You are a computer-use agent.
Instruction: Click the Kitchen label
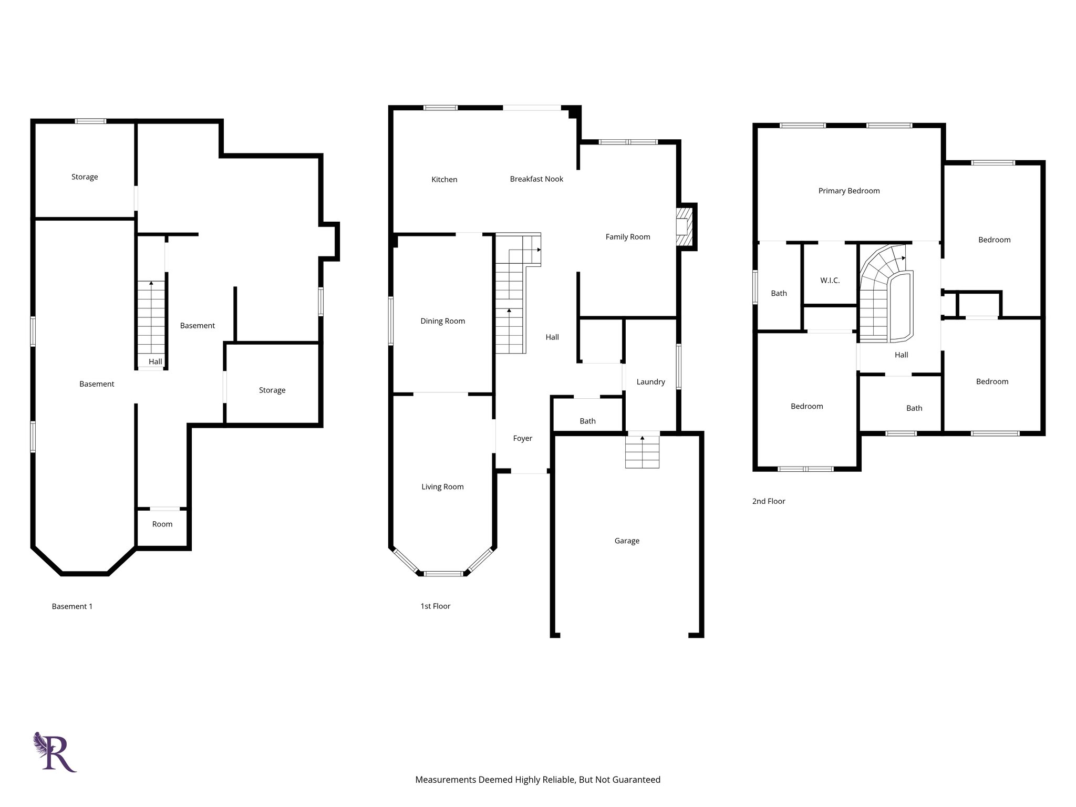click(444, 180)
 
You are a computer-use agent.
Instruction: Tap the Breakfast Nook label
click(536, 179)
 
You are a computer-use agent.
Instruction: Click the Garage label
click(626, 541)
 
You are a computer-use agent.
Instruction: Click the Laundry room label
click(650, 382)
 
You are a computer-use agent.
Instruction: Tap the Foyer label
click(522, 438)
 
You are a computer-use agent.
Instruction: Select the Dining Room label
click(442, 321)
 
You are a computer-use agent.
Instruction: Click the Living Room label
click(442, 487)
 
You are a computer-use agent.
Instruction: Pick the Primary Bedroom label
click(849, 191)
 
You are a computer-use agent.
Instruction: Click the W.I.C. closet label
click(830, 281)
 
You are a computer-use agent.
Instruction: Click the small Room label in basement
click(162, 524)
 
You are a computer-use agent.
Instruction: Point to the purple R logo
click(55, 752)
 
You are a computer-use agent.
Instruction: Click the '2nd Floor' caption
click(768, 501)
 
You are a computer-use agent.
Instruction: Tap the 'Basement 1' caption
click(72, 606)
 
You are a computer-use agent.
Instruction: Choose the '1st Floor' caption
click(435, 606)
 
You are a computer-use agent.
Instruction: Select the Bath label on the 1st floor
click(587, 421)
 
